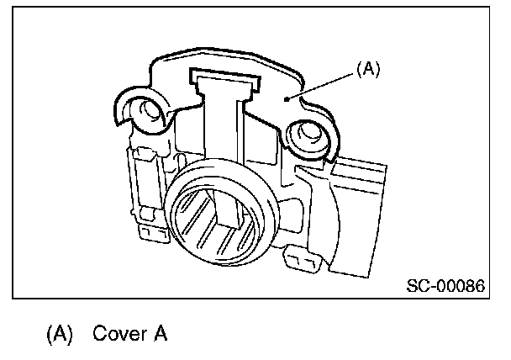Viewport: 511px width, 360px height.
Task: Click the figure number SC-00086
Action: click(445, 285)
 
